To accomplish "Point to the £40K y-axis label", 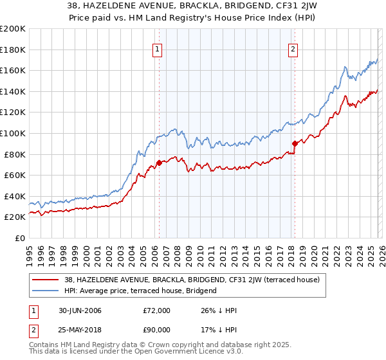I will click(14, 196).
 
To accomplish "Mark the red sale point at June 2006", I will click(159, 163).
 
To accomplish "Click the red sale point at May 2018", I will click(295, 143).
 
